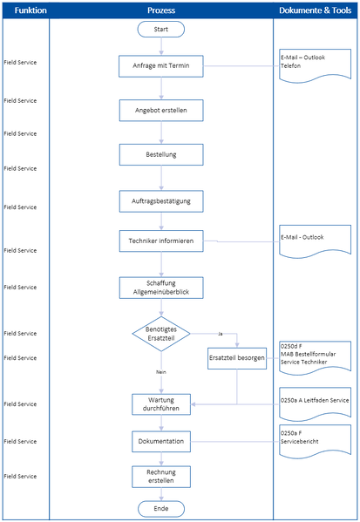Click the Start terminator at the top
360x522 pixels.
click(x=160, y=30)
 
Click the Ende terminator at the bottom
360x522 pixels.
click(x=160, y=508)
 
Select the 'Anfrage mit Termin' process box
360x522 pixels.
click(x=160, y=66)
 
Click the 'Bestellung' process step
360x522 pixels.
click(x=160, y=154)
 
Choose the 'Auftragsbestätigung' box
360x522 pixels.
click(x=160, y=200)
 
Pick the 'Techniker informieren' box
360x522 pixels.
click(x=160, y=241)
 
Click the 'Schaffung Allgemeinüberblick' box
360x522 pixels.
click(x=160, y=288)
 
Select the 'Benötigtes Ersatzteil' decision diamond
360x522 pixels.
click(x=160, y=334)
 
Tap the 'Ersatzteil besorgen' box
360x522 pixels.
click(x=237, y=358)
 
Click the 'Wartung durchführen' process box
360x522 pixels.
click(x=160, y=403)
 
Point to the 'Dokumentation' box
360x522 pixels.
click(x=160, y=442)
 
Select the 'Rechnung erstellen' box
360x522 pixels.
click(x=160, y=476)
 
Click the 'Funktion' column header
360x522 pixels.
click(x=25, y=10)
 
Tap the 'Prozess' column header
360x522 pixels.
click(x=160, y=10)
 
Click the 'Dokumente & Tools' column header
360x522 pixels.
click(x=315, y=10)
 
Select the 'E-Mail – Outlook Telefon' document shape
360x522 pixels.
click(x=315, y=65)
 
